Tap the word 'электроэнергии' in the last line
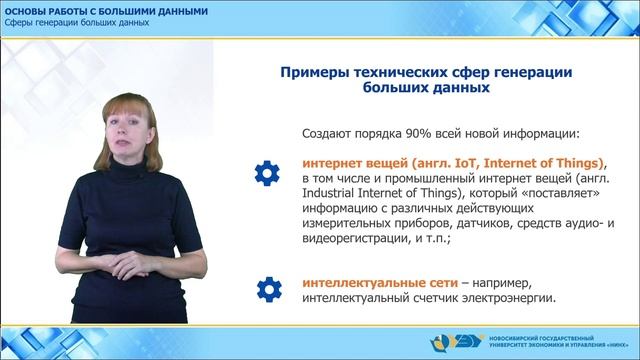pos(508,298)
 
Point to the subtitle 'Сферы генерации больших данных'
pos(69,23)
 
